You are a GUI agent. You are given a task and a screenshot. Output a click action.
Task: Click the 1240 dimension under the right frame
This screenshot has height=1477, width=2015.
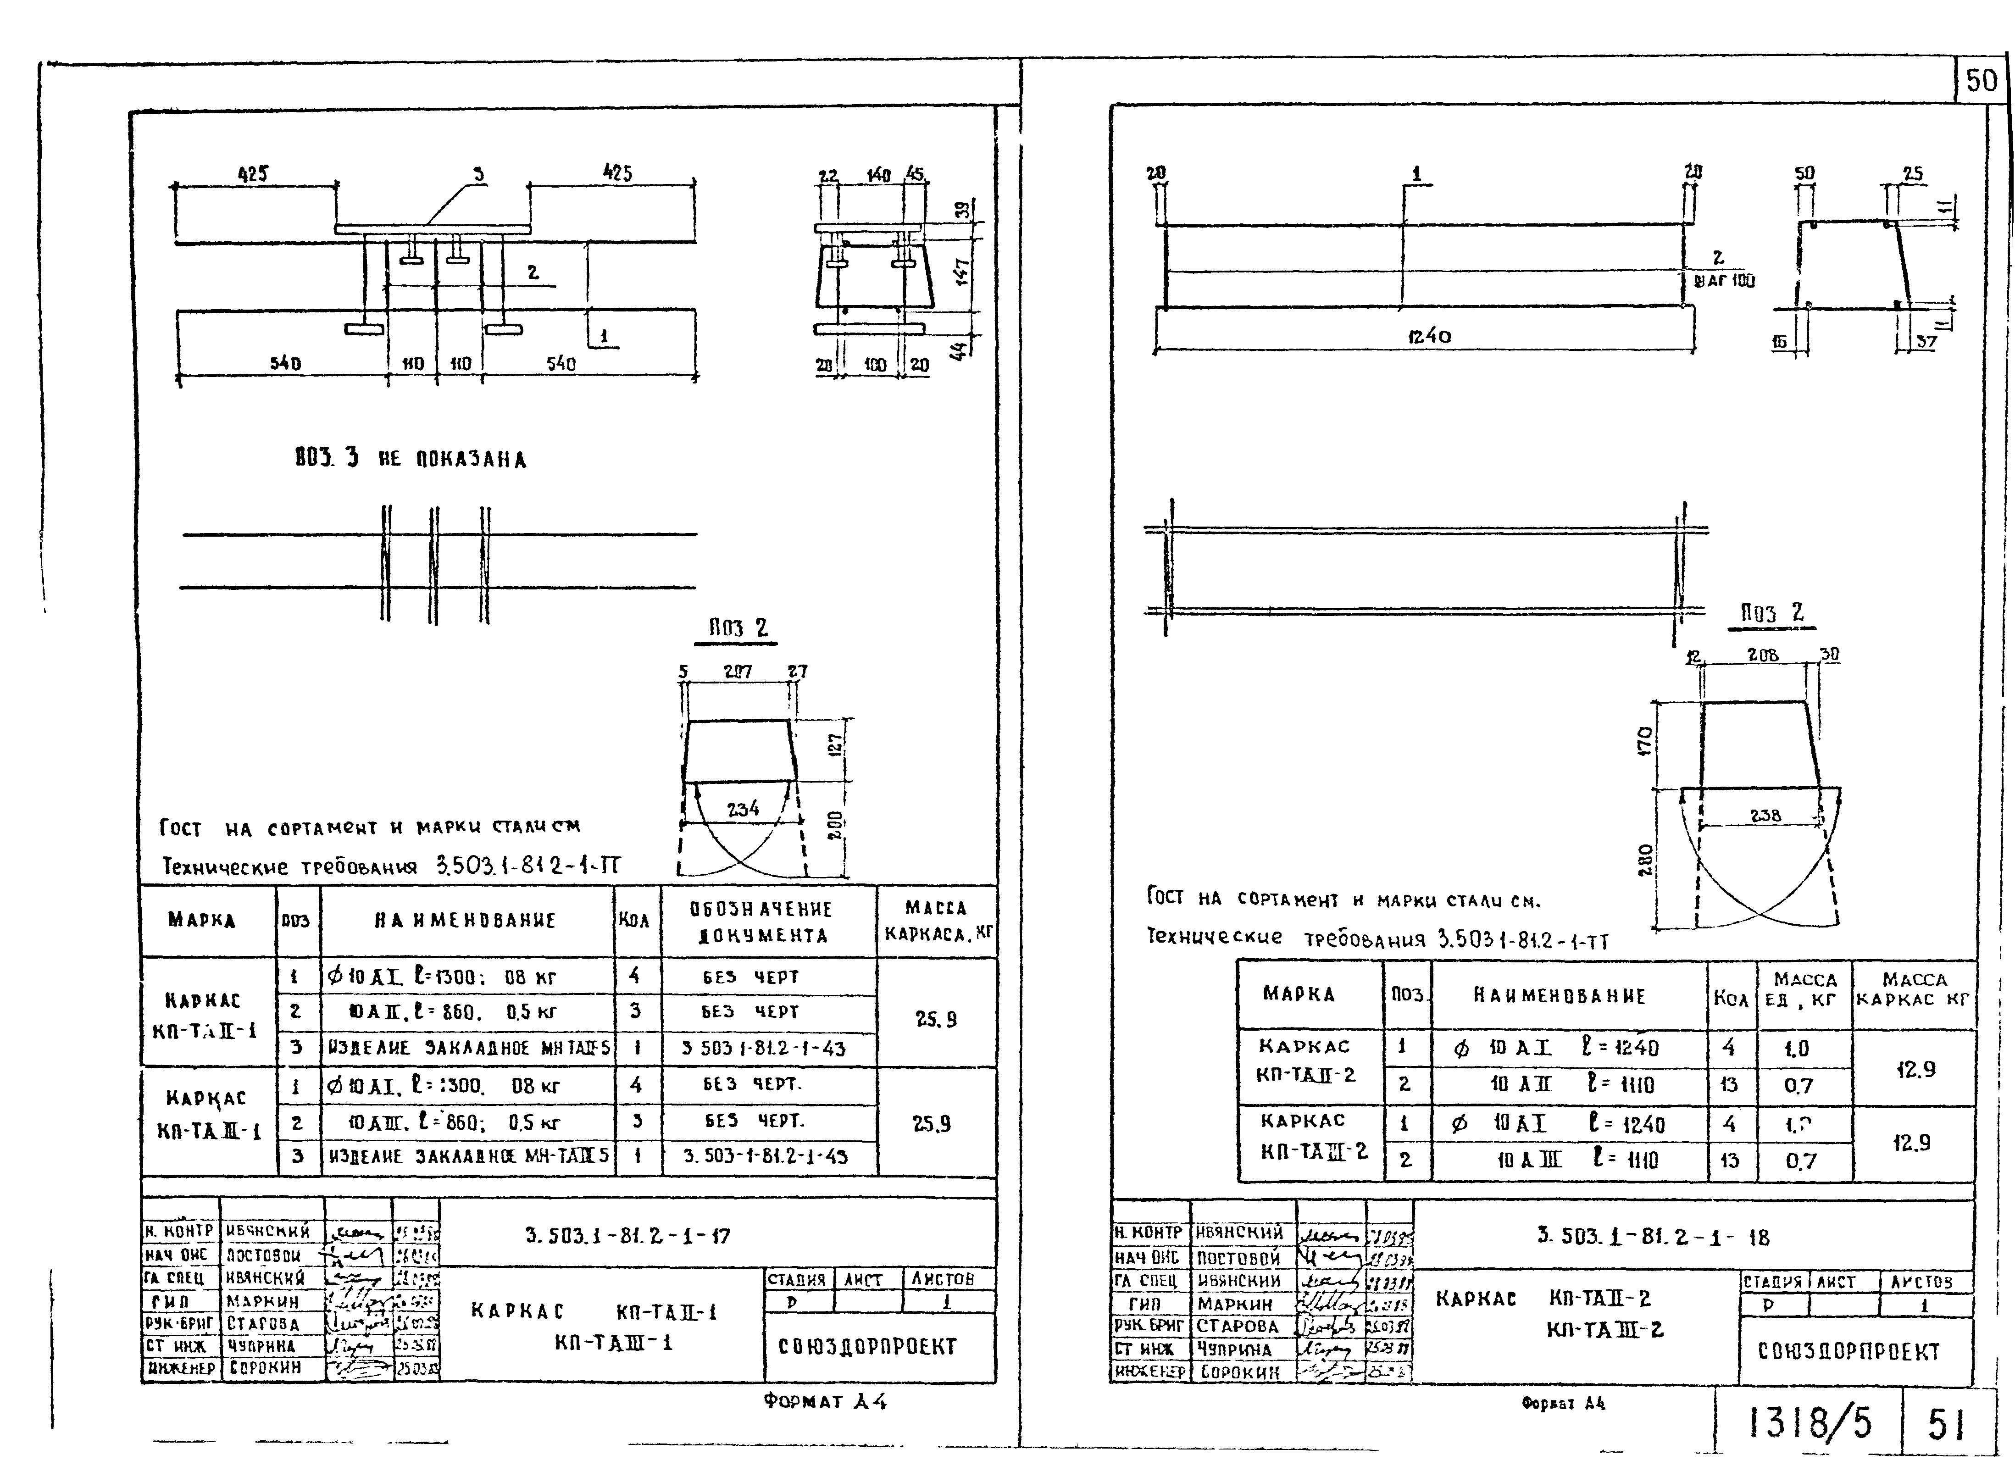tap(1428, 336)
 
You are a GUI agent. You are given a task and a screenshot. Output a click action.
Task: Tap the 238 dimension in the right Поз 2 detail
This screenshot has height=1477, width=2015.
tap(1765, 816)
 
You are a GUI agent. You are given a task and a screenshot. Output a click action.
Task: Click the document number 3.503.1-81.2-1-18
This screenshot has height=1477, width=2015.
tap(1652, 1238)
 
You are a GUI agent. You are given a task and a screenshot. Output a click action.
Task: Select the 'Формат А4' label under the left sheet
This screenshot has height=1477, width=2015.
tap(824, 1401)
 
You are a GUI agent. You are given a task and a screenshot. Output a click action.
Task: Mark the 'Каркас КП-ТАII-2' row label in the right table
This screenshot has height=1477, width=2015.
tap(1305, 1061)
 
